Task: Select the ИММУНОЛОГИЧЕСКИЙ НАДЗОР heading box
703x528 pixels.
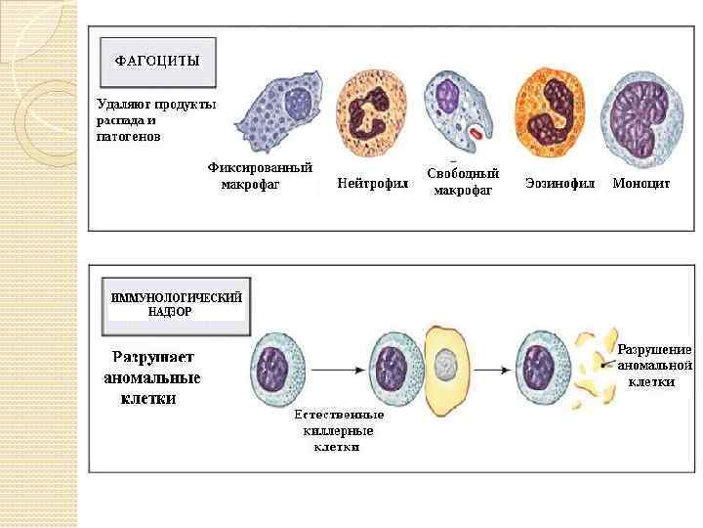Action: (x=176, y=304)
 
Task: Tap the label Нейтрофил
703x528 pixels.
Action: (x=372, y=184)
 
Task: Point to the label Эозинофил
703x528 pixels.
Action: (x=559, y=183)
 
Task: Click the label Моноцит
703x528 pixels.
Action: (x=641, y=183)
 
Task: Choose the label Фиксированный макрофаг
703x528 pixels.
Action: (x=260, y=176)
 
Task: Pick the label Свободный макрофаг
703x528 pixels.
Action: (x=463, y=182)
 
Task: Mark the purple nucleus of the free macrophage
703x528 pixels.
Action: (x=448, y=96)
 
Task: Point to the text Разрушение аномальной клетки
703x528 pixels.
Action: (x=653, y=366)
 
